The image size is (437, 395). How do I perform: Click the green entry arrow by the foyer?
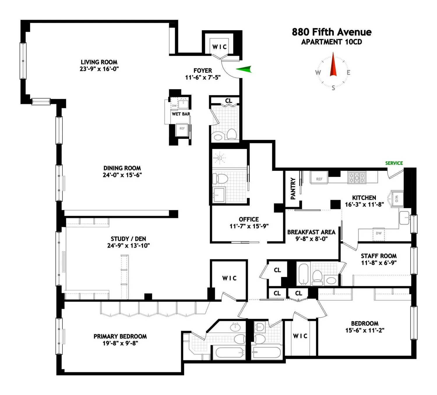click(244, 69)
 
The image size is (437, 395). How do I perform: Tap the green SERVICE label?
click(394, 163)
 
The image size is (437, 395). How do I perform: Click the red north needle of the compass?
click(333, 64)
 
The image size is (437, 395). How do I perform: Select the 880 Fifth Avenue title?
click(332, 32)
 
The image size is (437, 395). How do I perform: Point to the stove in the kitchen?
click(357, 177)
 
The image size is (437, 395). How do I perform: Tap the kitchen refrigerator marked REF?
click(319, 178)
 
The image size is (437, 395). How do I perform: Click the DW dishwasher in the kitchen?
click(379, 234)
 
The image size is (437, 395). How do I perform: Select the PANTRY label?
click(293, 188)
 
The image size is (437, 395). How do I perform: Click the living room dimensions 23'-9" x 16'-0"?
click(99, 69)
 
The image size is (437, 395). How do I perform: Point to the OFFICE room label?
click(249, 219)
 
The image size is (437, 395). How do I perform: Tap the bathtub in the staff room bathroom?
click(304, 274)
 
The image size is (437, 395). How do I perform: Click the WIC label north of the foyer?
click(220, 47)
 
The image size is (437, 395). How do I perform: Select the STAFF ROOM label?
click(379, 256)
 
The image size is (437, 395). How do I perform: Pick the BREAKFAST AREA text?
click(311, 232)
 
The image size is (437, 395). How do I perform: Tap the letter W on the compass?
click(318, 72)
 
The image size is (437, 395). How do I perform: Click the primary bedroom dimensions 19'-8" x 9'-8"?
click(120, 343)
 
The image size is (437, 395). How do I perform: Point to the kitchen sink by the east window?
click(404, 218)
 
